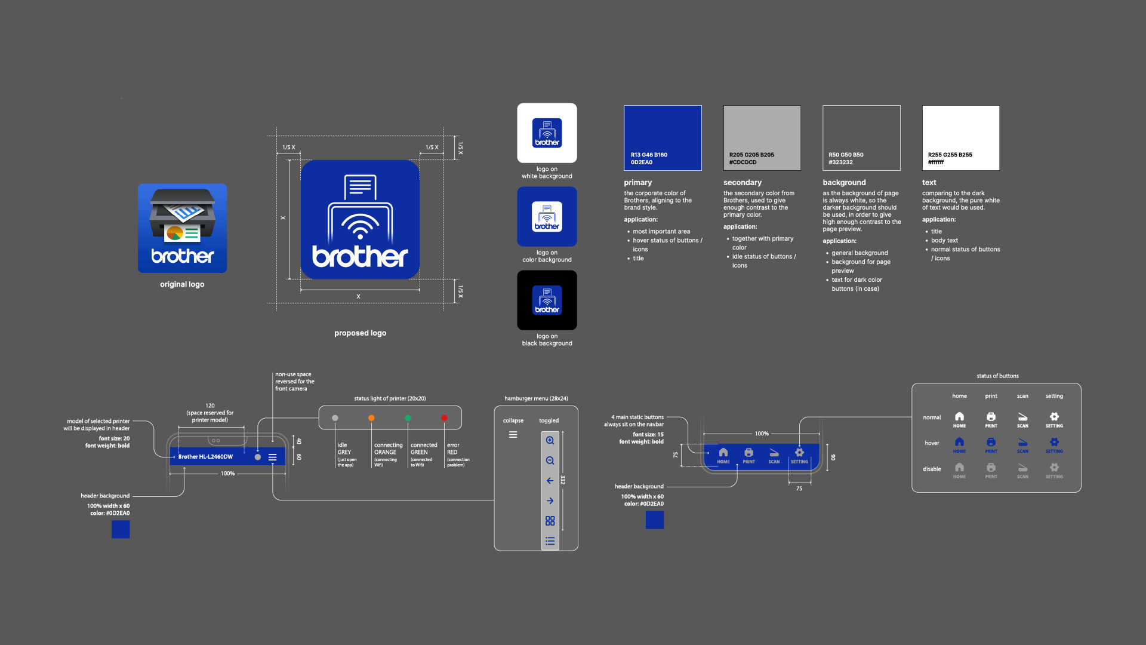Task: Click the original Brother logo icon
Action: coord(182,228)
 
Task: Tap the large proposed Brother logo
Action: coord(360,219)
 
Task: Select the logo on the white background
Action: coord(547,133)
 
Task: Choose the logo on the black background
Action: coord(547,300)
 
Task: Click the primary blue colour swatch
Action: coord(663,138)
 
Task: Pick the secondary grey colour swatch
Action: coord(762,138)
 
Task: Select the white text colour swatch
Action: coord(960,138)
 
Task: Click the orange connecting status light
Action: coord(371,418)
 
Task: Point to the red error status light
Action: coord(444,418)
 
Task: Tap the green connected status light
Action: coord(408,418)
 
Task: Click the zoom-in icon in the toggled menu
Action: coord(550,441)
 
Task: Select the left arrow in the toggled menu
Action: coord(550,481)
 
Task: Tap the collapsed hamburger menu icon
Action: coord(513,435)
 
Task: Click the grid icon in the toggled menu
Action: coord(550,521)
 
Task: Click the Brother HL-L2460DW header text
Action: coord(205,457)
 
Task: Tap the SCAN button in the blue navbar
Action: coord(774,455)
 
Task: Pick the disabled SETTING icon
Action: coord(1054,469)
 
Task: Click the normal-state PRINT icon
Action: coord(991,419)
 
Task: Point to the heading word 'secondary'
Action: coord(743,183)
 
